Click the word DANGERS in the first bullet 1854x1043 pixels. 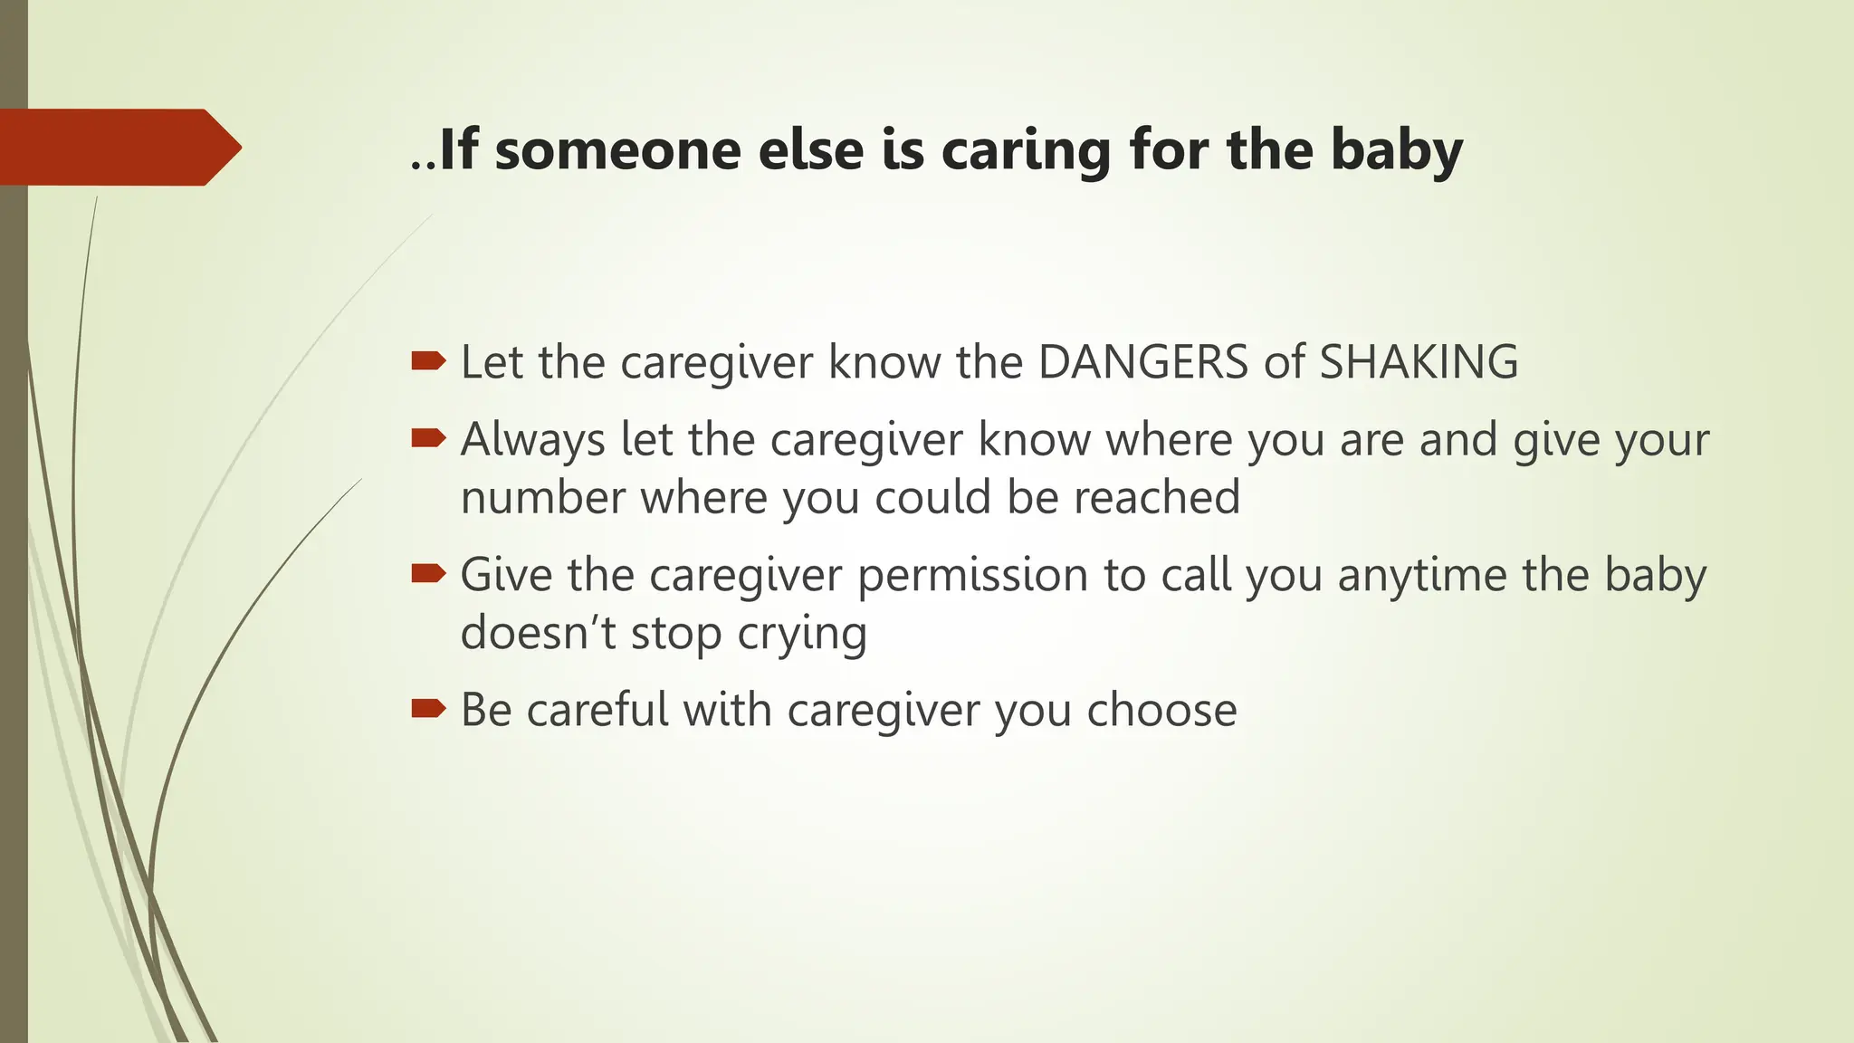coord(1143,362)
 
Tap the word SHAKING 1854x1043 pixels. coord(1419,362)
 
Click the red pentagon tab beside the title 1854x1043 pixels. coord(118,148)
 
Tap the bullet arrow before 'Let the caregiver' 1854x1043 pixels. coord(428,362)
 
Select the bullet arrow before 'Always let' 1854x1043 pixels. coord(428,439)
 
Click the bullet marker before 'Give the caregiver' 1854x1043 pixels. coord(428,573)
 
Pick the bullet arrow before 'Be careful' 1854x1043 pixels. coord(428,708)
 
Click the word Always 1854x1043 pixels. coord(532,441)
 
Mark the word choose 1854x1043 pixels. coord(1161,709)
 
